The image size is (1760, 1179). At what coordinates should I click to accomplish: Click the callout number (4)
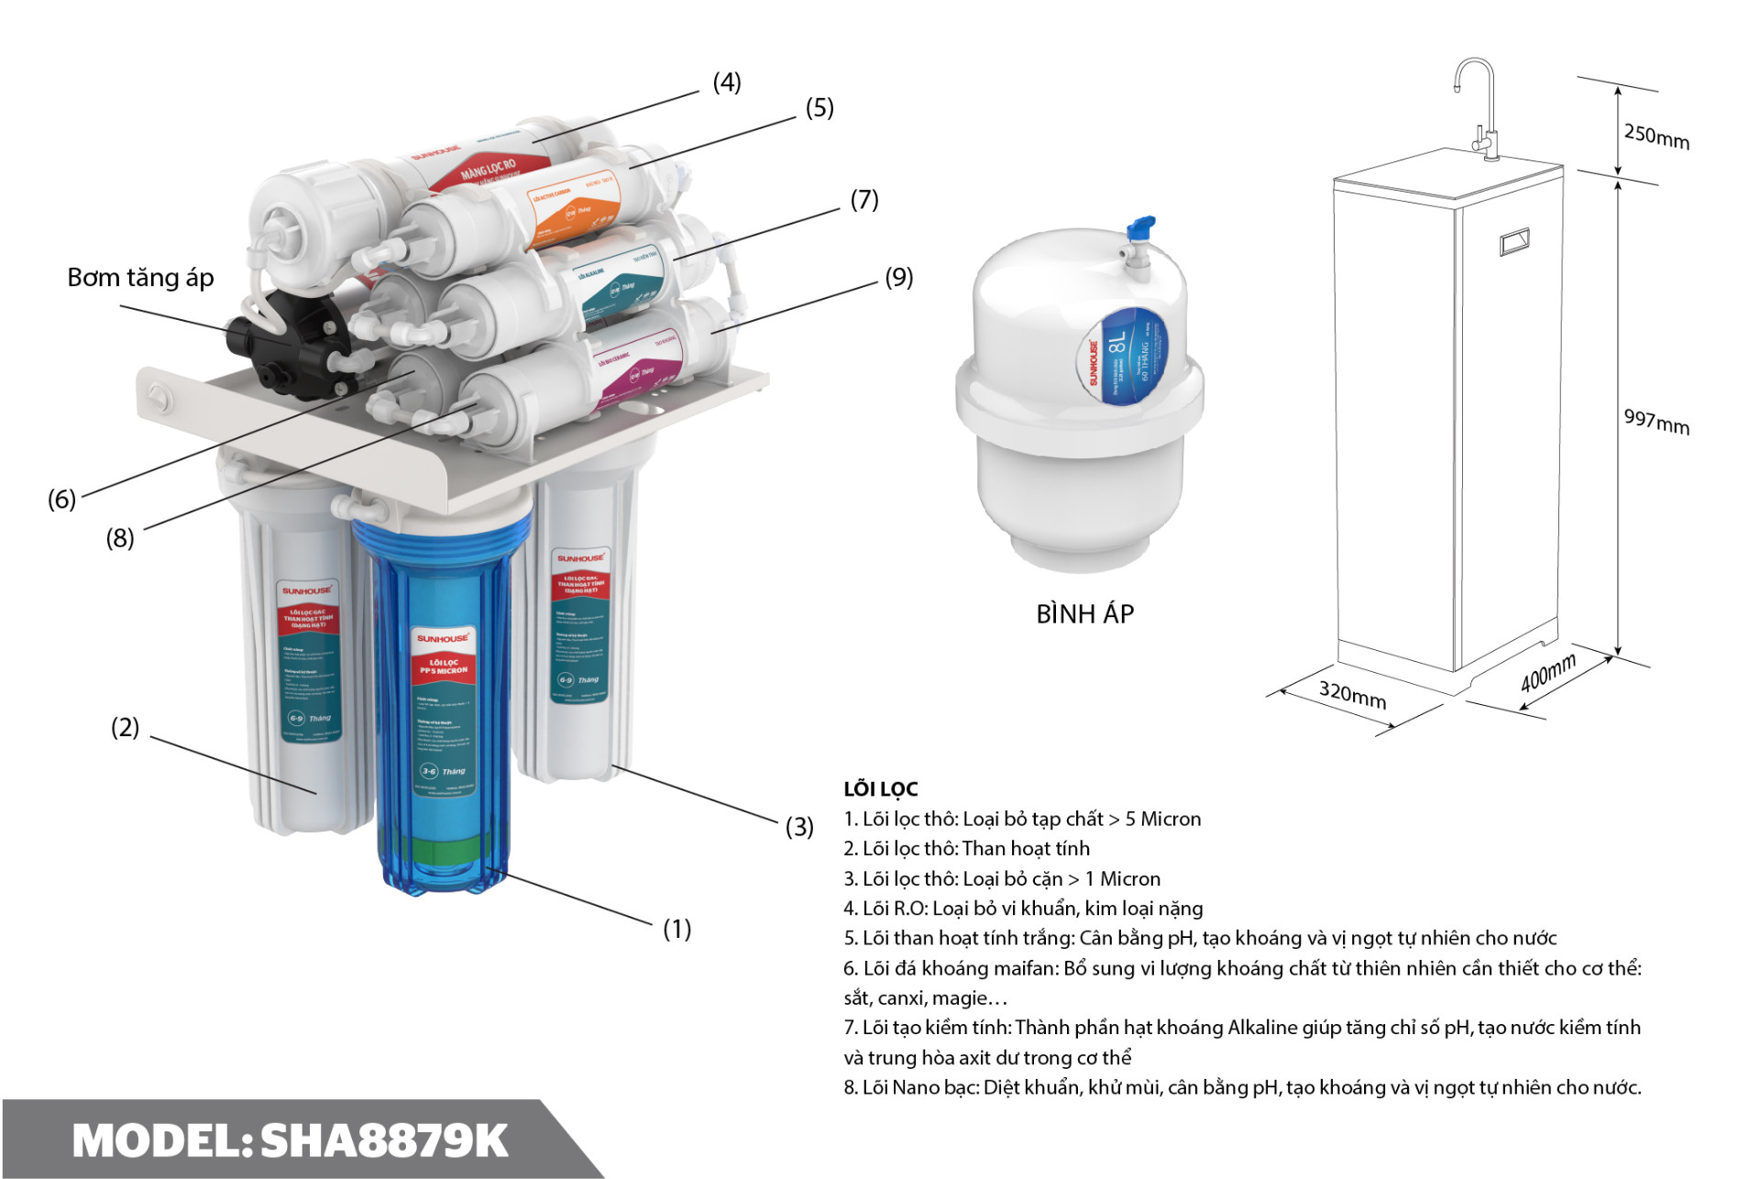(x=727, y=83)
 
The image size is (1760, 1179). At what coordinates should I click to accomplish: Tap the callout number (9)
(x=898, y=277)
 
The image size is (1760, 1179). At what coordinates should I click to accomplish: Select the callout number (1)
(x=676, y=929)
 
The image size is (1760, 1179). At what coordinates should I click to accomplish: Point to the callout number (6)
(x=61, y=499)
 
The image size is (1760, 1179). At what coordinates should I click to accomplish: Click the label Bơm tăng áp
(x=140, y=277)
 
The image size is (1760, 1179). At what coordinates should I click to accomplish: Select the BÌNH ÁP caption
(x=1084, y=613)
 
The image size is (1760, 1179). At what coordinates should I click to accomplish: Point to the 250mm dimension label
(x=1656, y=136)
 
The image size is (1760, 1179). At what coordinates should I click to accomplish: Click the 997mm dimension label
(x=1656, y=421)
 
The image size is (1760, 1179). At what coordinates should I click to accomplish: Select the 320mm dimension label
(x=1352, y=694)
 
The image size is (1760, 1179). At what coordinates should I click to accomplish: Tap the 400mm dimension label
(x=1548, y=673)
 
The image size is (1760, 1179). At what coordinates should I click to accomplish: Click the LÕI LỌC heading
(x=880, y=788)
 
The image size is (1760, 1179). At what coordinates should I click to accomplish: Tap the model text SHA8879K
(x=384, y=1140)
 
